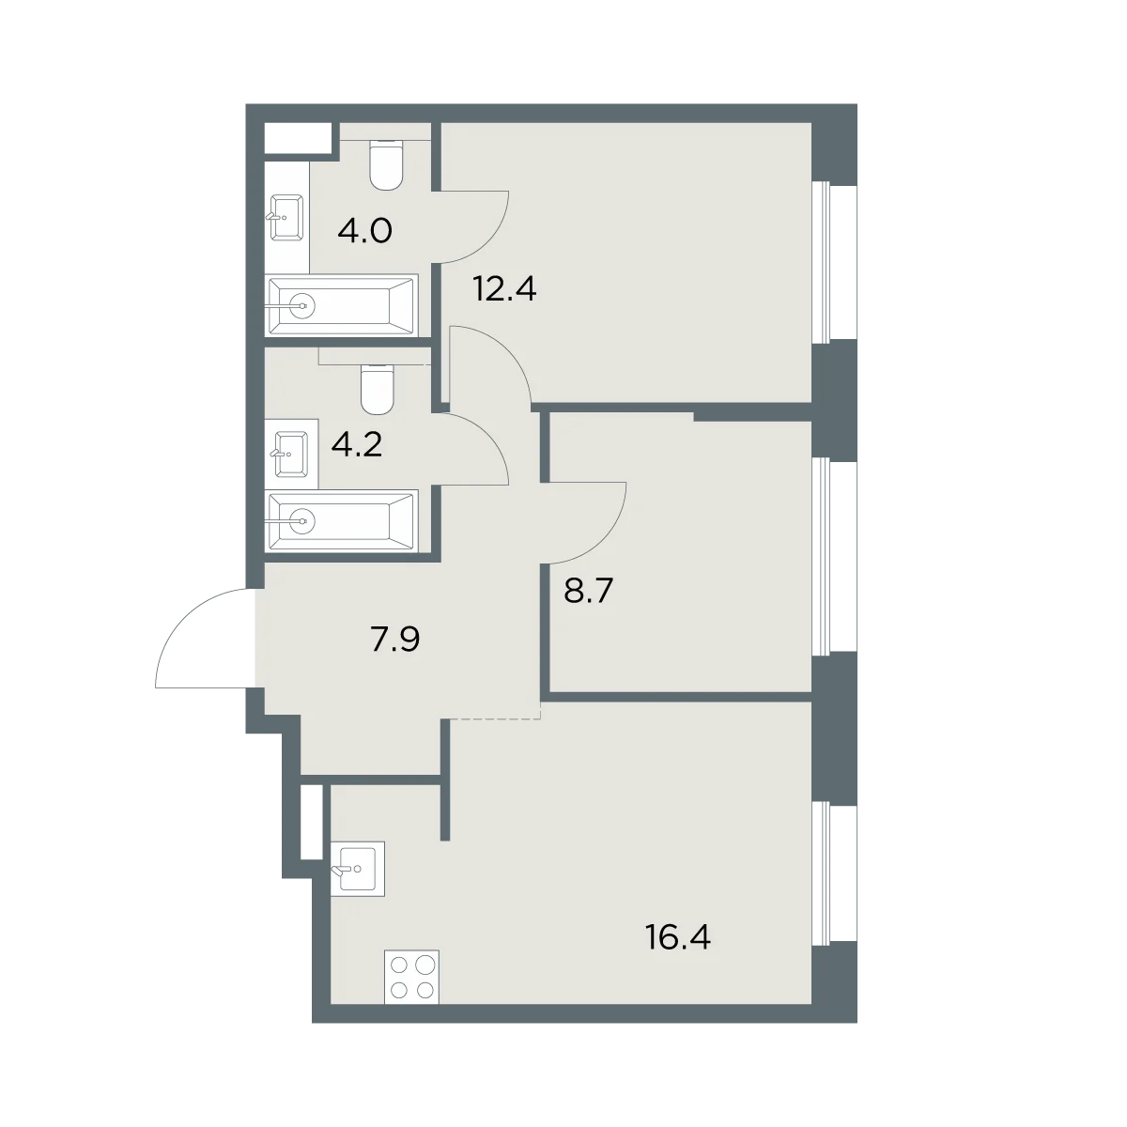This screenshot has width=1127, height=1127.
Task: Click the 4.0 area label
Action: pyautogui.click(x=364, y=231)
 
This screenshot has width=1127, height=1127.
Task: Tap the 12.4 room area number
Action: pyautogui.click(x=504, y=289)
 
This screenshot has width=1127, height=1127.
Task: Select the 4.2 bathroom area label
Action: pyautogui.click(x=356, y=445)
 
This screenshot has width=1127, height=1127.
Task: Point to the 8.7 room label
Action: pyautogui.click(x=588, y=592)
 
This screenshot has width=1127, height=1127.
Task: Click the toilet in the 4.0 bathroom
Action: pyautogui.click(x=387, y=164)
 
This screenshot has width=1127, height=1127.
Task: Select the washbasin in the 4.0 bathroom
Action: pyautogui.click(x=286, y=218)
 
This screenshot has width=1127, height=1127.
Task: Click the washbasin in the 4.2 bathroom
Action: pyautogui.click(x=289, y=454)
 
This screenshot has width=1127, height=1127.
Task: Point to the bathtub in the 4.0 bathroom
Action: pyautogui.click(x=342, y=304)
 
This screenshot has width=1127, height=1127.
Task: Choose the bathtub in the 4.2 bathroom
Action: pyautogui.click(x=342, y=520)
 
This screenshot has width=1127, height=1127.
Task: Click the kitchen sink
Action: pyautogui.click(x=357, y=869)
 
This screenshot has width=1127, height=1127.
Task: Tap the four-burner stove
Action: pyautogui.click(x=411, y=977)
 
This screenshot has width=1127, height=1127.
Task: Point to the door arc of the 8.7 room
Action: pyautogui.click(x=606, y=538)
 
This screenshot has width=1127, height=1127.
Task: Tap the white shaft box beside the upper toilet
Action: pyautogui.click(x=299, y=137)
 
